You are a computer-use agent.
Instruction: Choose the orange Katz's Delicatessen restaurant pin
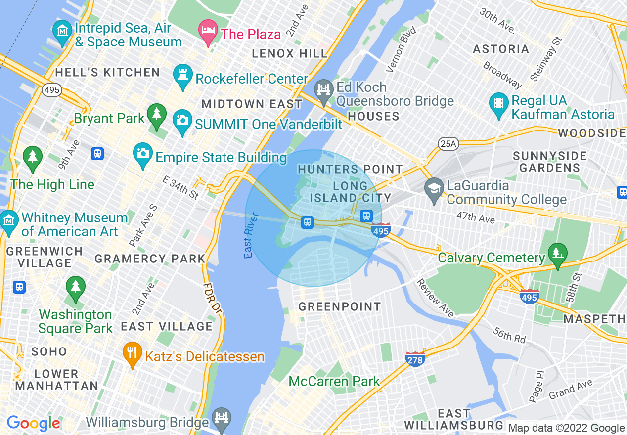coord(132,353)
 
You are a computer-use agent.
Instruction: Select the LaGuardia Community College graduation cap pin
coord(434,190)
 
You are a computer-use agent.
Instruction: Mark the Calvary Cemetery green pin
coord(557,254)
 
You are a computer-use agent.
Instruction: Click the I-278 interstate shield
coord(415,359)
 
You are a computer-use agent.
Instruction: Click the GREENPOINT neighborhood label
coord(339,306)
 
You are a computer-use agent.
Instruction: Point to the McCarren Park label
coord(334,381)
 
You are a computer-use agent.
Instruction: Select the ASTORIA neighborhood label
coord(501,49)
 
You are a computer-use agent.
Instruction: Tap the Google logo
coord(33,423)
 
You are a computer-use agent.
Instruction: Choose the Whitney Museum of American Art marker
coord(9,221)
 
